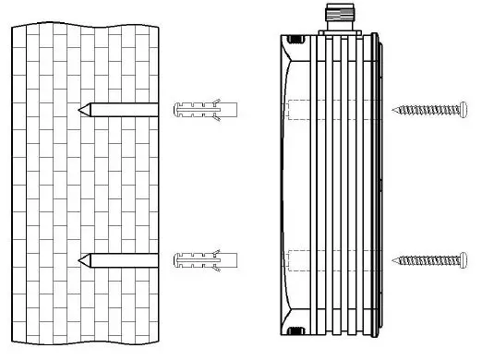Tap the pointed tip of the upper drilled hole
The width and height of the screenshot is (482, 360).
click(81, 110)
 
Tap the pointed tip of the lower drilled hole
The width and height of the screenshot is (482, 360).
click(81, 258)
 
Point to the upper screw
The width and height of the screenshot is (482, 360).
click(432, 109)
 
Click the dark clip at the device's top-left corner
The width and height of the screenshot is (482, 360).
click(296, 40)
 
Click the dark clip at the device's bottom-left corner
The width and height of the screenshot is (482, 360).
click(296, 330)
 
